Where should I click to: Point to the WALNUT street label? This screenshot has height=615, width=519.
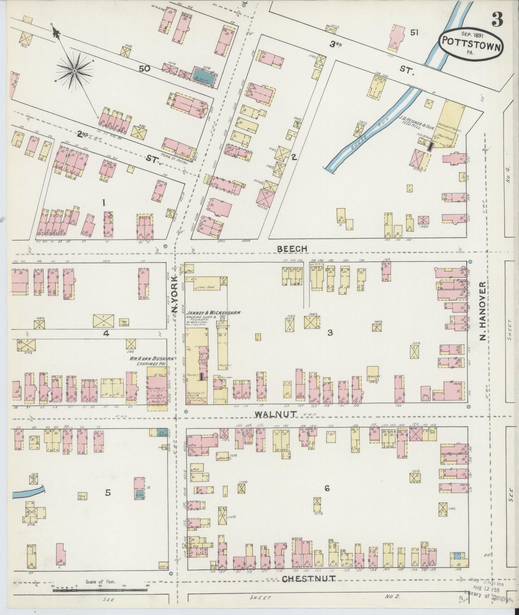click(x=276, y=414)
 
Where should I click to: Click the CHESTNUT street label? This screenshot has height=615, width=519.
click(x=309, y=578)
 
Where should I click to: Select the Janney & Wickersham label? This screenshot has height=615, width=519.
click(x=208, y=313)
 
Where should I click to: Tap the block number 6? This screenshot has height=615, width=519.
click(x=327, y=488)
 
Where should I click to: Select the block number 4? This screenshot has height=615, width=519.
click(x=106, y=333)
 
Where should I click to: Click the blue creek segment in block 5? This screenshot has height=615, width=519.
click(x=28, y=492)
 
